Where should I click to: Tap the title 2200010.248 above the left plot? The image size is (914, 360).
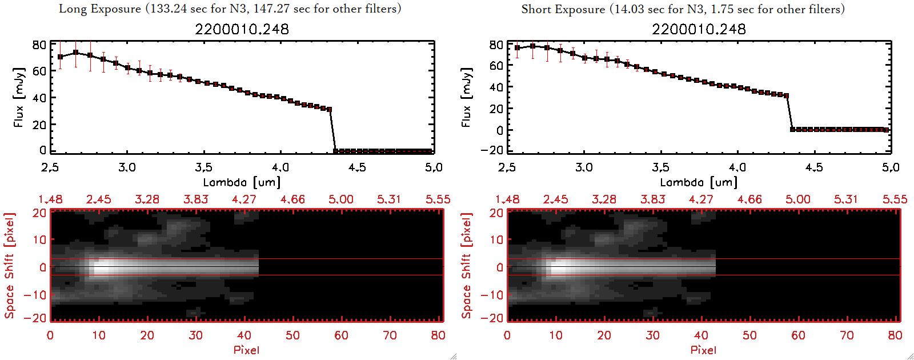tap(242, 29)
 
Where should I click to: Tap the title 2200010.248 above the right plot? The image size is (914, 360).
tap(699, 29)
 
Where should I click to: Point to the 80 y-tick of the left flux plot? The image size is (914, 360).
tap(39, 45)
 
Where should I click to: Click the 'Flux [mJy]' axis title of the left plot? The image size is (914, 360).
tap(19, 97)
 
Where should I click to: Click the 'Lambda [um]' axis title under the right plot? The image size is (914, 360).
tap(699, 182)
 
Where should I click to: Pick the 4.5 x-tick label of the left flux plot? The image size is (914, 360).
tap(357, 167)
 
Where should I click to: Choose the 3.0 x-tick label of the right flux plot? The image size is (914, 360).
tap(584, 167)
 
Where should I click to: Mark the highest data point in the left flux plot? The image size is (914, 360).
tap(75, 53)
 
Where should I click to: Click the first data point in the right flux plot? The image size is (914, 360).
tap(518, 48)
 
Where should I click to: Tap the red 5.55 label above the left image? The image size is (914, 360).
tap(438, 199)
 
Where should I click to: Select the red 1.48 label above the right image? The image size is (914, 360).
tap(507, 199)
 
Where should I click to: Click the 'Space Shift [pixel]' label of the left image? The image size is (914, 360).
tap(9, 266)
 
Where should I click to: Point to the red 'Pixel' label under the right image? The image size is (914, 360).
tap(703, 350)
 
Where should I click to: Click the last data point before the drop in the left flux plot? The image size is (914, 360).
tap(329, 109)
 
